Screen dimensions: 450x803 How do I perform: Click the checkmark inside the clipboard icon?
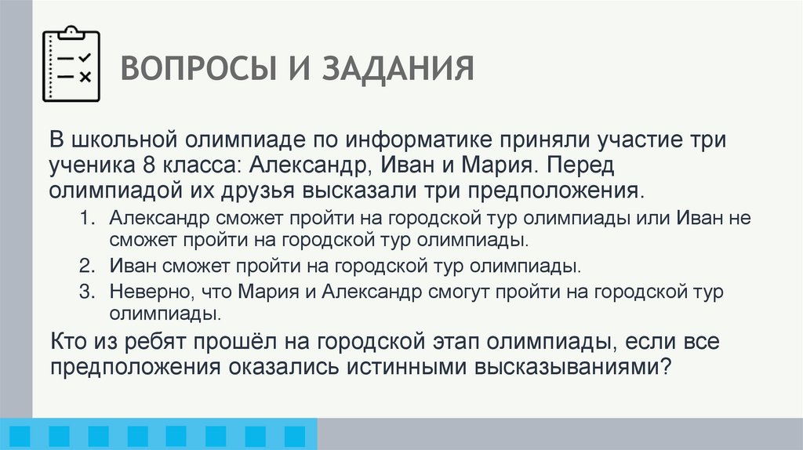point(85,56)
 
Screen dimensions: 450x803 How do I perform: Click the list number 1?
point(85,217)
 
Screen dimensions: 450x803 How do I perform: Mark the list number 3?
point(85,291)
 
